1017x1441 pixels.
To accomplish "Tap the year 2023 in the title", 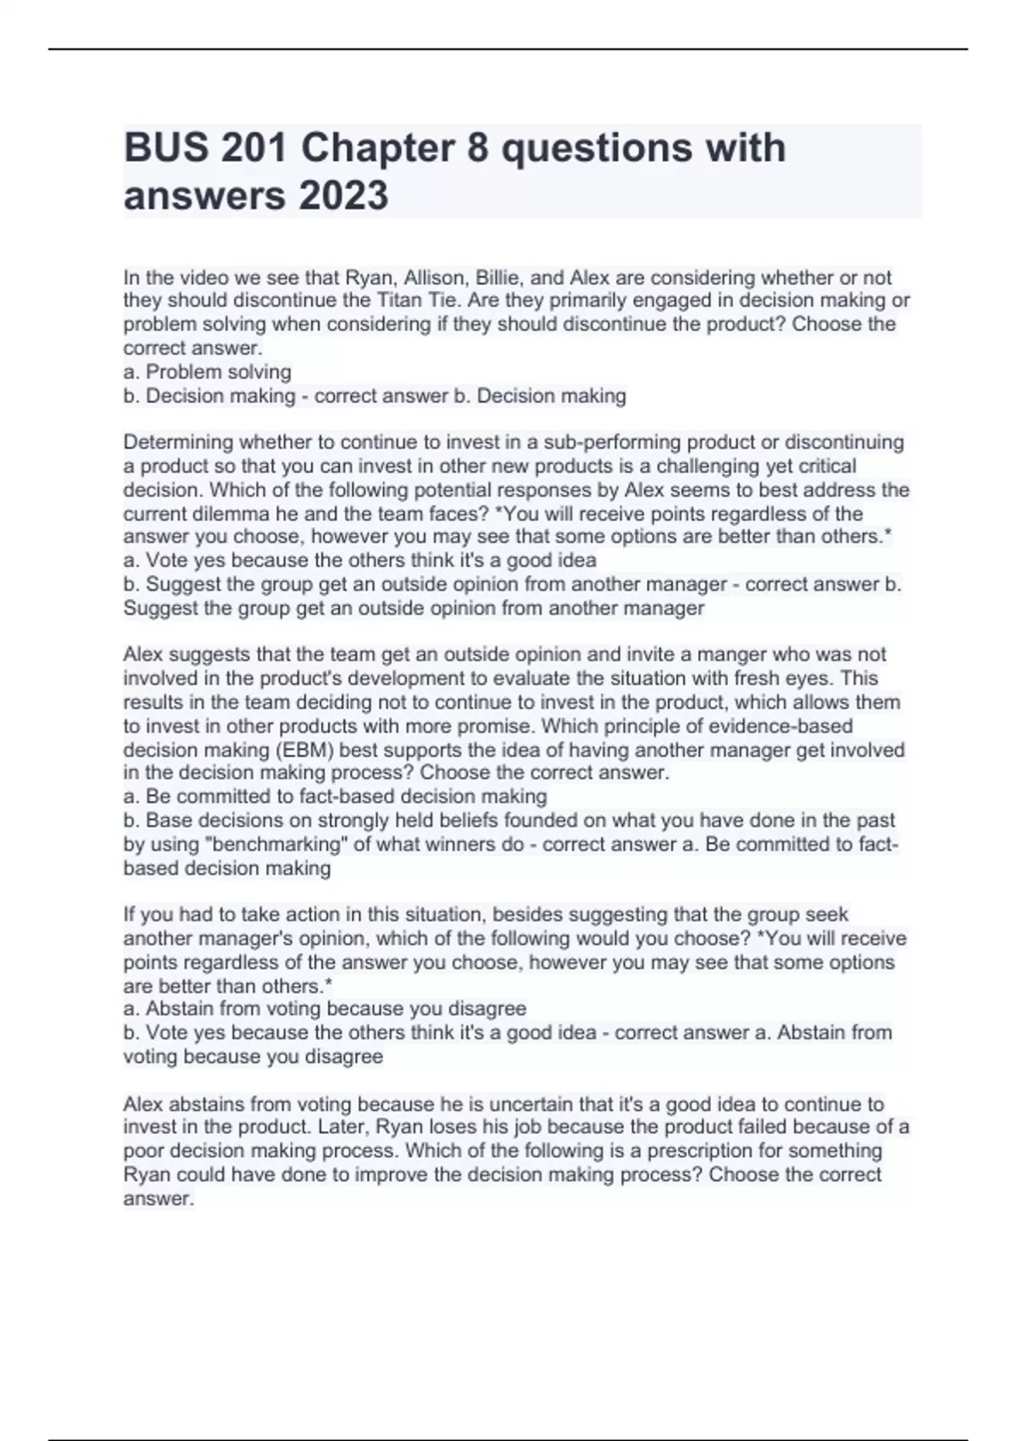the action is [342, 196].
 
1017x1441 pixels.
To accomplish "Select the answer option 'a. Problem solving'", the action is [208, 372].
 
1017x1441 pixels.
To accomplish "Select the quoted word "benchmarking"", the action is [275, 844].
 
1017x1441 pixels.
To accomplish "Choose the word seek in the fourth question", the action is [828, 915].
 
